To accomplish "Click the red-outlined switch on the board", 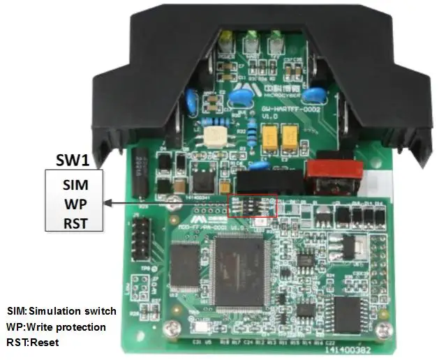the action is pyautogui.click(x=254, y=204).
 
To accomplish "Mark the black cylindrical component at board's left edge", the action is pyautogui.click(x=142, y=172).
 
